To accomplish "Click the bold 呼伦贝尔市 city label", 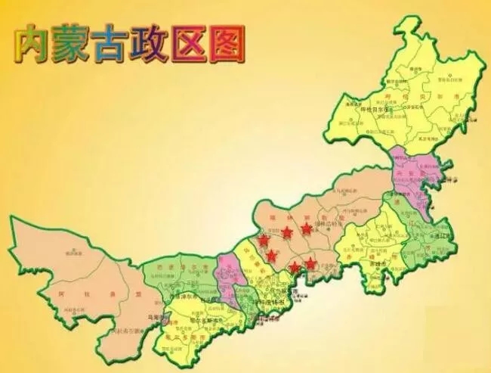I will (x=376, y=108).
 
